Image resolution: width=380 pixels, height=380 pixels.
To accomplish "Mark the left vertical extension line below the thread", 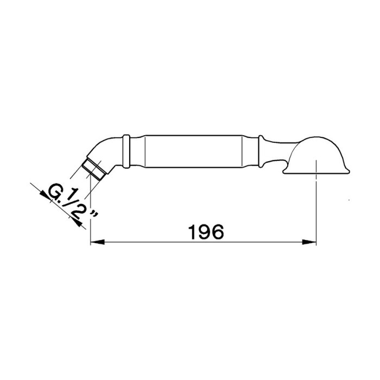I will (x=90, y=217).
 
